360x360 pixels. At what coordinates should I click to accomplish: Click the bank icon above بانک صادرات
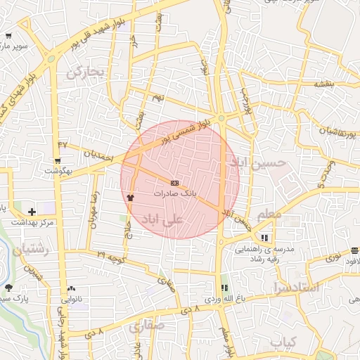[x=174, y=183]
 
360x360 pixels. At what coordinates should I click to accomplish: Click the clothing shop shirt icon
[x=130, y=198]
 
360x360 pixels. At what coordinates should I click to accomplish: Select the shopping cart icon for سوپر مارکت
[x=8, y=36]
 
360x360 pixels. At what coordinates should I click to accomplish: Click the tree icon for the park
[x=8, y=288]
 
